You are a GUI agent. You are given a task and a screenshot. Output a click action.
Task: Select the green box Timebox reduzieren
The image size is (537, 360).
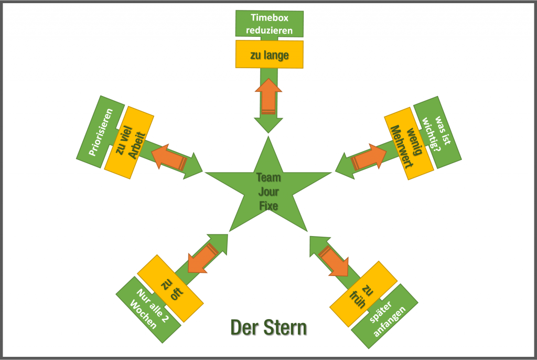(268, 24)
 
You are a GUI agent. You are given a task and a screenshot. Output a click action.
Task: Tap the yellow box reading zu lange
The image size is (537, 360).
(269, 55)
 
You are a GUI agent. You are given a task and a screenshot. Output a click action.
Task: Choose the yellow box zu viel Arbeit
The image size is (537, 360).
(128, 142)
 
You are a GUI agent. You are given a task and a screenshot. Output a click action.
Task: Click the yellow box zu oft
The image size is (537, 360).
(170, 288)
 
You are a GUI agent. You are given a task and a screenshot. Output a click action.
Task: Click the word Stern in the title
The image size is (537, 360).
(285, 327)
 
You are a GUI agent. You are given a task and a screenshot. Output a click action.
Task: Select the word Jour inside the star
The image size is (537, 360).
(268, 192)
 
